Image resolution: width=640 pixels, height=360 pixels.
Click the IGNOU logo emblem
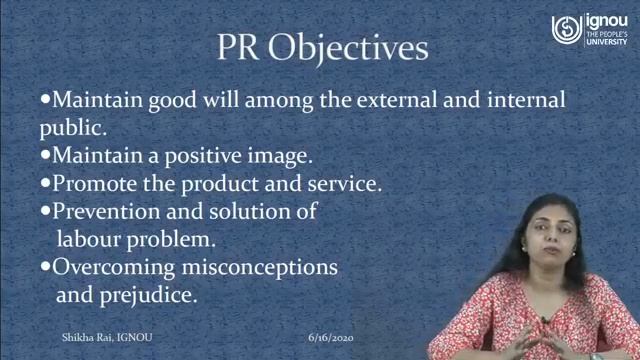(566, 29)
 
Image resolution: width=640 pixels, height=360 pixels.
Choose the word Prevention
(109, 213)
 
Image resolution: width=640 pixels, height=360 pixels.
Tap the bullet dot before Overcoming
(44, 268)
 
